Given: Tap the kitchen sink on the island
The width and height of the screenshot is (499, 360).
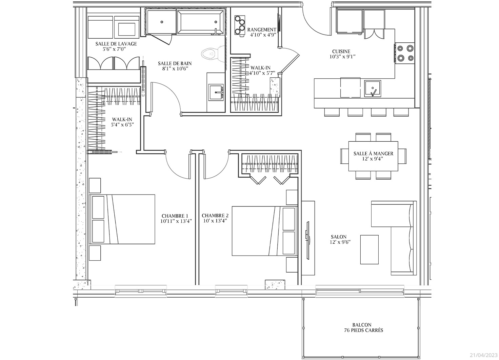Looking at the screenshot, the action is coord(373,89).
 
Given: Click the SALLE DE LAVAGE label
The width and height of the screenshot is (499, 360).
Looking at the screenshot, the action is coord(116,44).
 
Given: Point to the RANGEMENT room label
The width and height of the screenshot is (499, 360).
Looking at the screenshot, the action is coord(262,29).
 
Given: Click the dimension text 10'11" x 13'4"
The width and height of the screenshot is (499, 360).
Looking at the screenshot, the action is coord(176,221).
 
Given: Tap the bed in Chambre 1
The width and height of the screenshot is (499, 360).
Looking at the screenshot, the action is coord(122,219).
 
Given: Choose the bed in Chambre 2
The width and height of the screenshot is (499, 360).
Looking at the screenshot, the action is coord(265,231).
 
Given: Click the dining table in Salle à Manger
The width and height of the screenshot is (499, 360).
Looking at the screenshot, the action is coord(373,156).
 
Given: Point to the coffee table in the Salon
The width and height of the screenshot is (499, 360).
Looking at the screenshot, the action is coord(370,249).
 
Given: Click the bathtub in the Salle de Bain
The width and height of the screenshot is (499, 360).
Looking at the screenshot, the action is coord(200,22).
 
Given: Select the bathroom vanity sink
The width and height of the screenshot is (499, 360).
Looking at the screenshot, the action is coord(216,92).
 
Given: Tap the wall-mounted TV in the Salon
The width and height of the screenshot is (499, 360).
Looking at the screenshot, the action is coord(308,240).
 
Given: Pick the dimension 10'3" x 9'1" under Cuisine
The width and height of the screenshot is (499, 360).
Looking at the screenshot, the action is coord(342,57).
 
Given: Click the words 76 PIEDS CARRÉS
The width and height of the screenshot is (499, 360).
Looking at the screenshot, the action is coord(363,331).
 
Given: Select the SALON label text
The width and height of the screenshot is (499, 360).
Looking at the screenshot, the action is coord(339,237).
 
